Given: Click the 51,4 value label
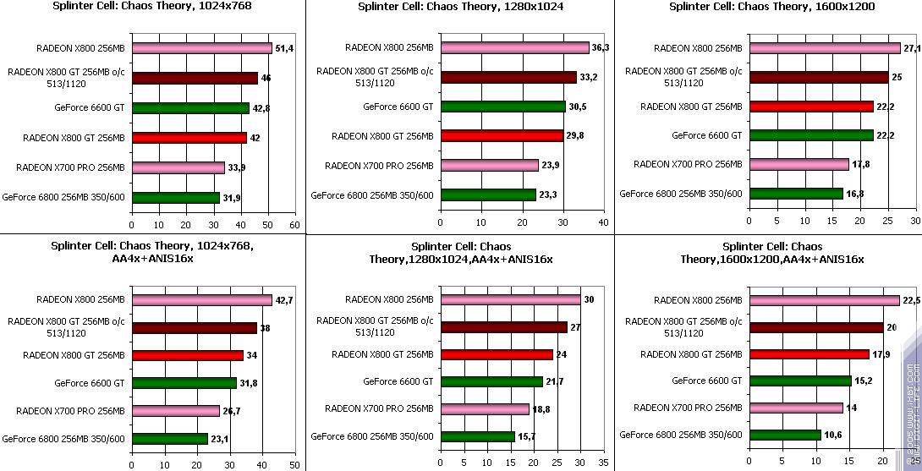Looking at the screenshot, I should coord(283,49).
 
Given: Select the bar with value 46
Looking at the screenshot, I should coord(195,78).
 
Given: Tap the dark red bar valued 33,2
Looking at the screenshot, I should coord(508,78).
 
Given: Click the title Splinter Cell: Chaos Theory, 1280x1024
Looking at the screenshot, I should coord(460,6).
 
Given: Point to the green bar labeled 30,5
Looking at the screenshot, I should coord(502,107).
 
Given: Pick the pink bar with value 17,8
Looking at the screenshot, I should coord(799,164).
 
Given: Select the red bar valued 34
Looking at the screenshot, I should coord(187,355).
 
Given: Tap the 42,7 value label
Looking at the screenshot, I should coord(284,300).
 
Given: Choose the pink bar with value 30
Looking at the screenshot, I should coord(510,299).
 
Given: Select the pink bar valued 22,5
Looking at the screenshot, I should coord(824,300).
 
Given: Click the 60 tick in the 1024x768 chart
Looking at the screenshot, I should coord(294,226).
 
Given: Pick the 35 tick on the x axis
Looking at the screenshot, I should coord(602,463).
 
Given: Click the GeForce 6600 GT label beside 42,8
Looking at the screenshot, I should coord(100,107).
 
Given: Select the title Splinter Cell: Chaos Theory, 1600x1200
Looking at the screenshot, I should coord(771,6).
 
